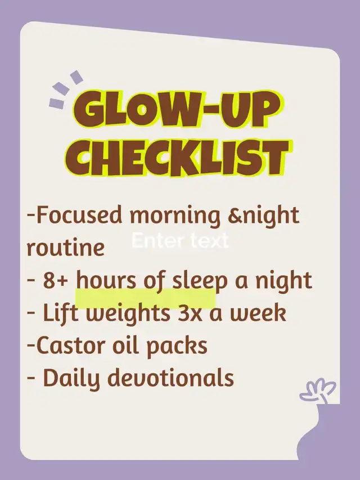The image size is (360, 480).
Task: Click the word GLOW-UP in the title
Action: point(176,109)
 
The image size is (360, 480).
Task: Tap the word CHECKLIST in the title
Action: point(177,158)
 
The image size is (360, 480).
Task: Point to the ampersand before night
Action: point(235,215)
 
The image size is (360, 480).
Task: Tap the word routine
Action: point(65,248)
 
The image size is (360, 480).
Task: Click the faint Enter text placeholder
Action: point(181,241)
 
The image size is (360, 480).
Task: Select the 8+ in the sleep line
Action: point(55,280)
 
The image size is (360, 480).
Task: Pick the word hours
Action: point(106,280)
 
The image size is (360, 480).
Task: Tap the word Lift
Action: point(61,312)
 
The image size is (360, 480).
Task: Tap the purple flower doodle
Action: point(317,391)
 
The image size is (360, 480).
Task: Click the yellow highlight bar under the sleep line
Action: point(146,298)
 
